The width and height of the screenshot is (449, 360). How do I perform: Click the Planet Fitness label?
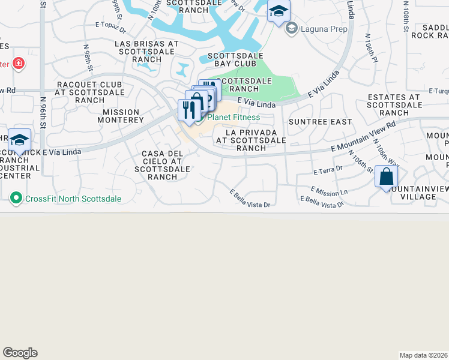pos(234,118)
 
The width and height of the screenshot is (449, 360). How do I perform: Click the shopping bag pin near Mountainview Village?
pos(387,177)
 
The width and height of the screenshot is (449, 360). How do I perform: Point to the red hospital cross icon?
pos(18,63)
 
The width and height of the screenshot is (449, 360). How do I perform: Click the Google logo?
pos(20,353)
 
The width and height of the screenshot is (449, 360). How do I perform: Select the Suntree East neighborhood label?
pos(320,122)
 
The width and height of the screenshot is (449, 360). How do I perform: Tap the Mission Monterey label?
pos(123,116)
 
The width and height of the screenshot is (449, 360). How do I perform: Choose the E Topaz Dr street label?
pos(110,28)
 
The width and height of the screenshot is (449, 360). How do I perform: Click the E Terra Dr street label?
pos(327,171)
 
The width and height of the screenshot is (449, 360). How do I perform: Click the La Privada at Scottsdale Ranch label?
pos(251,140)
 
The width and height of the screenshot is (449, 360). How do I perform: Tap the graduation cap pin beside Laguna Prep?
pos(279,11)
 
